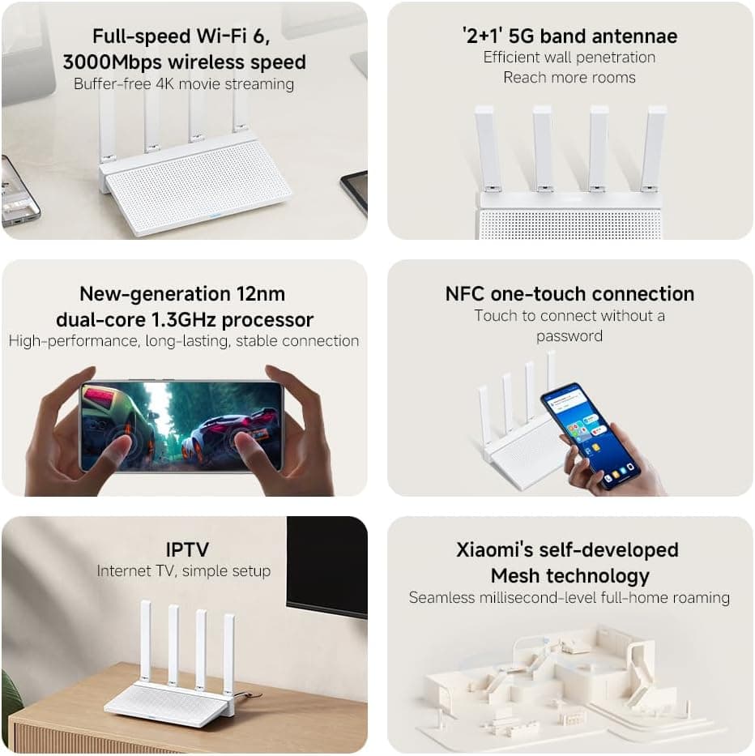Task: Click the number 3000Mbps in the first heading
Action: (113, 62)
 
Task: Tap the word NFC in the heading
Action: (465, 293)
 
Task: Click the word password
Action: (569, 336)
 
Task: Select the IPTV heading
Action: (188, 549)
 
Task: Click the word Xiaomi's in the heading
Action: (495, 549)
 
